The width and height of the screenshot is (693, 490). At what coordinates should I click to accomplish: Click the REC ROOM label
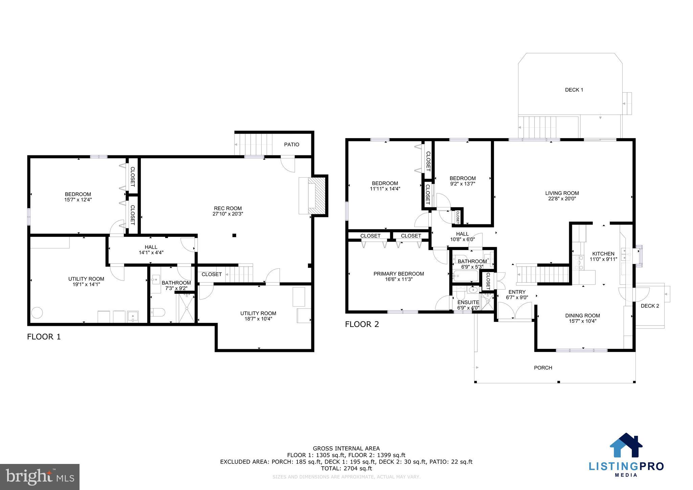tap(228, 208)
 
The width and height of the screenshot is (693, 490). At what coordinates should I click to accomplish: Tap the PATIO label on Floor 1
tap(291, 144)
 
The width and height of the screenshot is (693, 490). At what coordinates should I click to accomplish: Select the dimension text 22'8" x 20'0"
tap(562, 199)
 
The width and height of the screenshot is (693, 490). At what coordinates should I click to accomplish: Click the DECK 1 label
tap(574, 90)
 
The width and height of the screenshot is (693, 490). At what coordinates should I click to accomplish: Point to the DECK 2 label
tap(650, 306)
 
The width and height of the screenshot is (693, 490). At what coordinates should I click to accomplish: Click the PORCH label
tap(543, 367)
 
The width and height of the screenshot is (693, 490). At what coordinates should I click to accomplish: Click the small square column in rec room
tap(234, 235)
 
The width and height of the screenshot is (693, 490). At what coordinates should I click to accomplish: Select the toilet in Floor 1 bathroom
tap(158, 312)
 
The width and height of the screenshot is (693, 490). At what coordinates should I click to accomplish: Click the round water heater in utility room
tap(37, 312)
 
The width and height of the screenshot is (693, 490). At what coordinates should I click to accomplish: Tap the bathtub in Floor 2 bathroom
tap(465, 276)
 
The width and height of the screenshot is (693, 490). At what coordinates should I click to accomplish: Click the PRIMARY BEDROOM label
tap(399, 274)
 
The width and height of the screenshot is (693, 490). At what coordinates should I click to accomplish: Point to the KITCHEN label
tap(603, 254)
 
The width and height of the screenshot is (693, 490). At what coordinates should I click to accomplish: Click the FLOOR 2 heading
tap(362, 324)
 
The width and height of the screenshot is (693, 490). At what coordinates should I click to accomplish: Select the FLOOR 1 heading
tap(44, 337)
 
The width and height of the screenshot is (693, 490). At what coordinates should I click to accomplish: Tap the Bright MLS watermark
tap(40, 477)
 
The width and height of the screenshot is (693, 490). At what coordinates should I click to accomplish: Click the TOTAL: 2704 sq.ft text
tap(346, 468)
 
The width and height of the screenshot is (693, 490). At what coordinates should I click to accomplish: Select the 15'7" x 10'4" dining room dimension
tap(582, 321)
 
